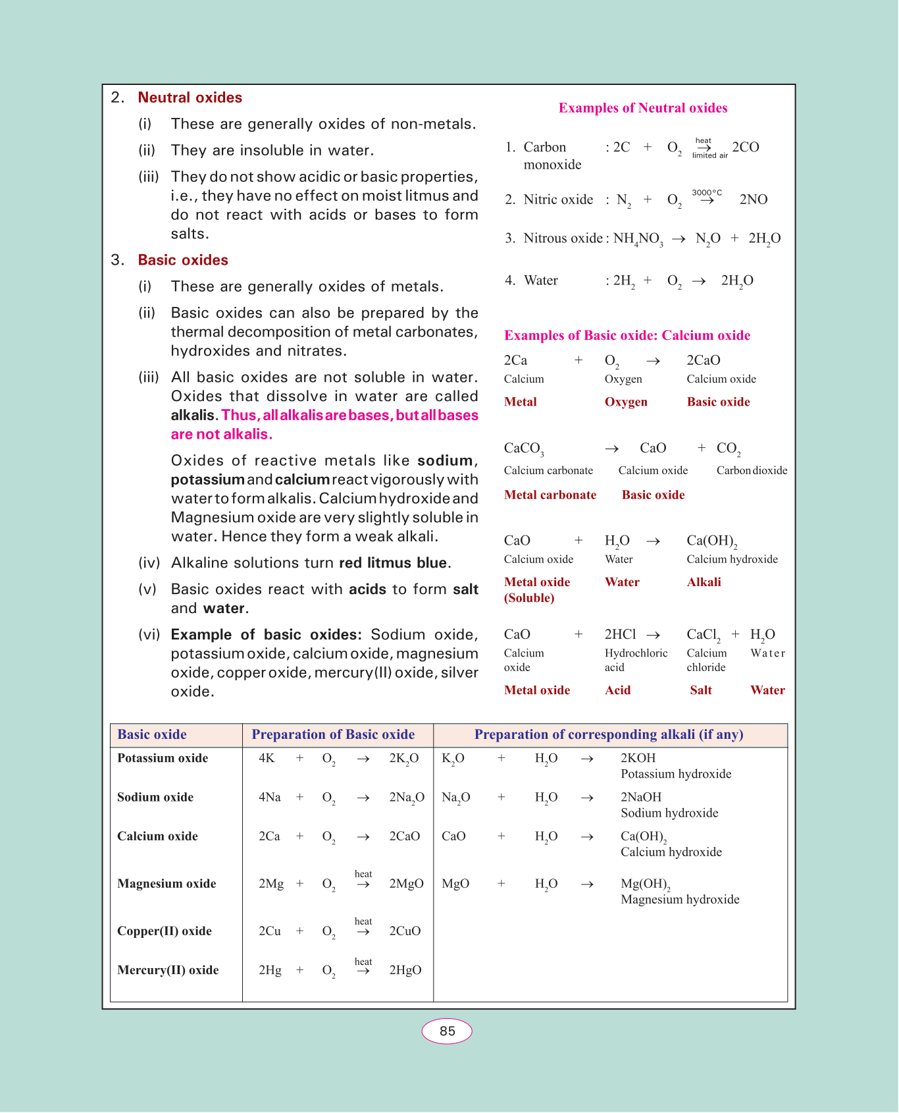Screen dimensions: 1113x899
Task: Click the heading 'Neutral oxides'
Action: (190, 97)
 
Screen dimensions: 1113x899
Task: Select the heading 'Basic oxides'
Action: (183, 260)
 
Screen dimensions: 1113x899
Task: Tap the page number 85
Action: (447, 1031)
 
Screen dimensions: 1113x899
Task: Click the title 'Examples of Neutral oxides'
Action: (643, 108)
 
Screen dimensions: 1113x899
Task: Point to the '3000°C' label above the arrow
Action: (707, 192)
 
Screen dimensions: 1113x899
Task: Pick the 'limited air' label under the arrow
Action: (709, 155)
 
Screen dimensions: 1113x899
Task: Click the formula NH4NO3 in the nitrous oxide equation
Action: (638, 239)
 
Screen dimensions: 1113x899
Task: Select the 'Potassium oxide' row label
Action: (163, 758)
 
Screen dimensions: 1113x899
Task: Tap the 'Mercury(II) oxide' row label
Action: (168, 970)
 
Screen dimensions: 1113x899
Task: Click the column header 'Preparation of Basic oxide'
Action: (333, 734)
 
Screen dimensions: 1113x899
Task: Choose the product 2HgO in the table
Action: (405, 970)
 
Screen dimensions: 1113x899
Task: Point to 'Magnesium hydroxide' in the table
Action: (680, 900)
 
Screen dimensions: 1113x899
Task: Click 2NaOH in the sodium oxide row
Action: (641, 797)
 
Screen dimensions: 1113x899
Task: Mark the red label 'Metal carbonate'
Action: (550, 495)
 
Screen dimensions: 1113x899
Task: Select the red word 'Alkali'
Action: (704, 582)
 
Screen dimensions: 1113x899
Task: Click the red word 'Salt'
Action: (701, 690)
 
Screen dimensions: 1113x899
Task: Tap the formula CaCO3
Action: (524, 448)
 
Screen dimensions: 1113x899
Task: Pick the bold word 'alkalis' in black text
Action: (193, 416)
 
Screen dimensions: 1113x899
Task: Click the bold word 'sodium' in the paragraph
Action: (446, 460)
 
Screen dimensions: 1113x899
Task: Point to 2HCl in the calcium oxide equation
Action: (620, 634)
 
